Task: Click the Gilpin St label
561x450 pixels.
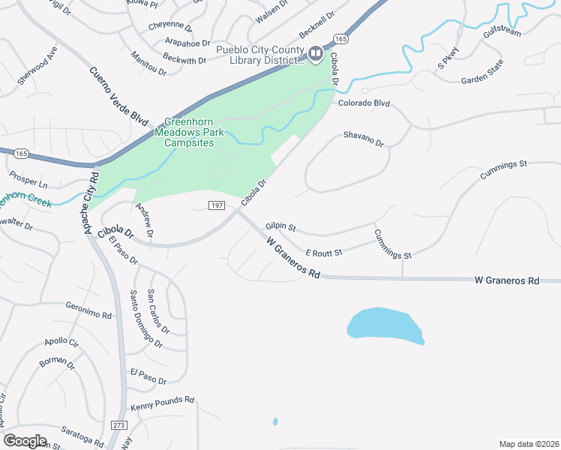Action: (281, 226)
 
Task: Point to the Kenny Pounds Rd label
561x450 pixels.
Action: (162, 403)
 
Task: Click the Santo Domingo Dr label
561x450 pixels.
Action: (145, 319)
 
